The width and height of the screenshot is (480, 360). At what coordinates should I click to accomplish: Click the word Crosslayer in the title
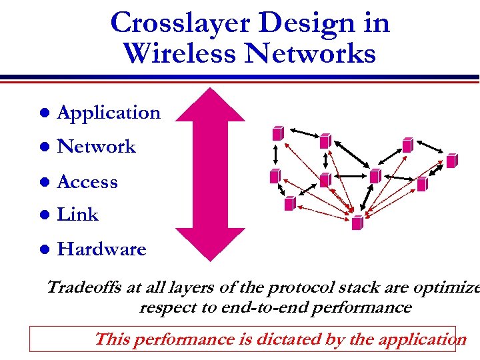(x=179, y=23)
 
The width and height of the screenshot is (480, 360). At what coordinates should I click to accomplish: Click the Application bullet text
(x=109, y=113)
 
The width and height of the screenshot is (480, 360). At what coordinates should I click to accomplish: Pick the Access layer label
(x=87, y=181)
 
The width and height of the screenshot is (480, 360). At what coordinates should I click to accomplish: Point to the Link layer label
(x=78, y=215)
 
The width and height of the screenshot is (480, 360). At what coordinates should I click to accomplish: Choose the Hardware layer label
(x=101, y=249)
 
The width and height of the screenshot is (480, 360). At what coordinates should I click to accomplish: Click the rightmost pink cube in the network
(x=451, y=161)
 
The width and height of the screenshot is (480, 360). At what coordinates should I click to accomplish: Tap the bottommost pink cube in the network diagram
(x=357, y=223)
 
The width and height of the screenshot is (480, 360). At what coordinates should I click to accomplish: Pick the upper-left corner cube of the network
(x=277, y=133)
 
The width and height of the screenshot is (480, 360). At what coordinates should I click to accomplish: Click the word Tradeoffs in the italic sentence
(x=85, y=288)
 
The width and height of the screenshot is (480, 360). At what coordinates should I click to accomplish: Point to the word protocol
(x=297, y=288)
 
